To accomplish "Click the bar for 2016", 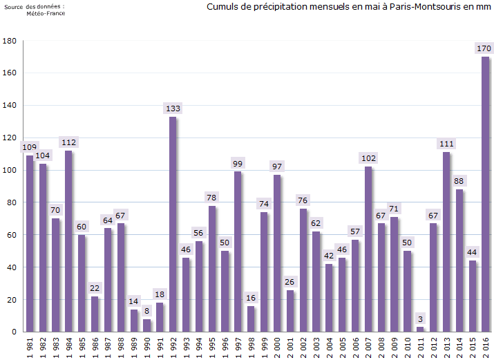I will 485,194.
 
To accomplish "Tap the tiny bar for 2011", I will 420,329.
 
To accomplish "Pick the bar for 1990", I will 147,325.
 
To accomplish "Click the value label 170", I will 485,48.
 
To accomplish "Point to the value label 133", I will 173,108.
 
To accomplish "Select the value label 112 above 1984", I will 68,142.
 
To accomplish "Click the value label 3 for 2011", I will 420,319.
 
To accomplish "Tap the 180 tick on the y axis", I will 10,41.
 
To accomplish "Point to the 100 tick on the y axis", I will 10,171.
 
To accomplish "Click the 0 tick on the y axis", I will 14,332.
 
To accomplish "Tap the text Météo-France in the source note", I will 46,13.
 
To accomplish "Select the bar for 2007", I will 368,249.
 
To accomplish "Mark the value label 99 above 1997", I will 238,164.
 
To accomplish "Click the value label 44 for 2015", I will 472,252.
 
